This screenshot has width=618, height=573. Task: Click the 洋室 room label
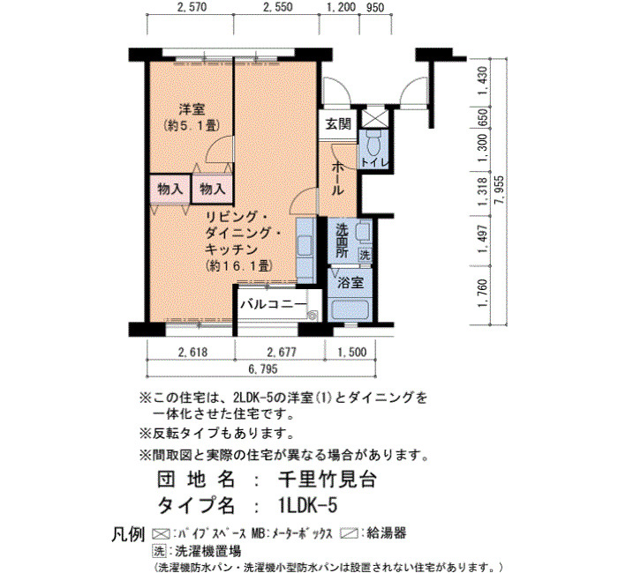192,109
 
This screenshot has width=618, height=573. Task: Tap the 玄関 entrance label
338,124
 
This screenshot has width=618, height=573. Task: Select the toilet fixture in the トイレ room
373,143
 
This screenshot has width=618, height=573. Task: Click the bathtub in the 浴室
350,310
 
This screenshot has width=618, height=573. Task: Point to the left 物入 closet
170,189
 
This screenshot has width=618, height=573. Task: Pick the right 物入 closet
212,189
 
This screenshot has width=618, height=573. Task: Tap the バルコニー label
273,304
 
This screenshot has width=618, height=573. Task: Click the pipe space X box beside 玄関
373,117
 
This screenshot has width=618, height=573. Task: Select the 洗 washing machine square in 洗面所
365,255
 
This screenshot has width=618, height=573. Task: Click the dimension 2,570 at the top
192,7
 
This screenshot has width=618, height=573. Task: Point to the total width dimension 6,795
263,368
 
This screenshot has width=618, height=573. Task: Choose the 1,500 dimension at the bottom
351,352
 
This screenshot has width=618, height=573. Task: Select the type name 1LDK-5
307,505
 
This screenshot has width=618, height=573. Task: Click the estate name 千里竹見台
328,480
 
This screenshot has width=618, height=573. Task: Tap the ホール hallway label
337,179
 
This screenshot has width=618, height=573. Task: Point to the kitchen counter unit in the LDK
305,250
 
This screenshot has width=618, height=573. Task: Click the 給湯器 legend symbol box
350,534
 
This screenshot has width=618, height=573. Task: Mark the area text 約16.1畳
239,266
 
